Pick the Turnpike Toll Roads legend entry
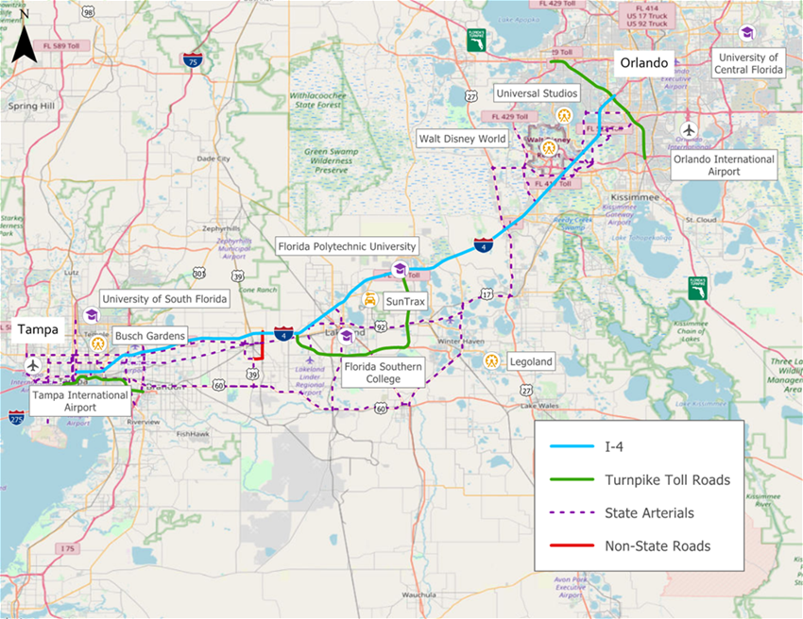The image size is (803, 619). (667, 480)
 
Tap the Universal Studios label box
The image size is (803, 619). (539, 93)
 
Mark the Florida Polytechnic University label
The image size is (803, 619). (345, 246)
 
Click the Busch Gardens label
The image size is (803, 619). (150, 335)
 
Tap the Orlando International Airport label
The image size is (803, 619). (724, 165)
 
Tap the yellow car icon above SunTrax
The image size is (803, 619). (370, 299)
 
